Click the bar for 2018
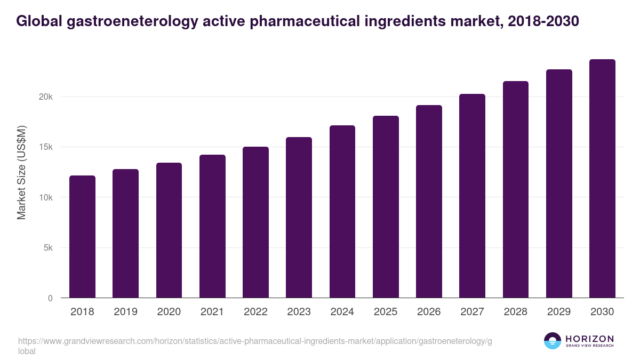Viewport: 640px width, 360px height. pos(82,237)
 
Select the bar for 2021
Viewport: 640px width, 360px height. pos(212,226)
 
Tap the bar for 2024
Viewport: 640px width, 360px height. pos(342,212)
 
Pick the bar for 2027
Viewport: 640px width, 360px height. pos(472,196)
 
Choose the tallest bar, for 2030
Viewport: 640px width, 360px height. pos(602,179)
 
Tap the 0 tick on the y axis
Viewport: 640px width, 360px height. pos(50,298)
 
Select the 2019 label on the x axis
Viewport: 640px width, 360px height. pos(125,312)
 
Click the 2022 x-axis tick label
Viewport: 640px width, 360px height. pos(255,312)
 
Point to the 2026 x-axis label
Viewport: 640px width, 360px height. pos(429,312)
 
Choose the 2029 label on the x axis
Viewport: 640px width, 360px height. pos(559,312)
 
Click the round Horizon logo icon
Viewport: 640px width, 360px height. pos(553,341)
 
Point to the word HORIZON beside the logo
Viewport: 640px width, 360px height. pos(589,339)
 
